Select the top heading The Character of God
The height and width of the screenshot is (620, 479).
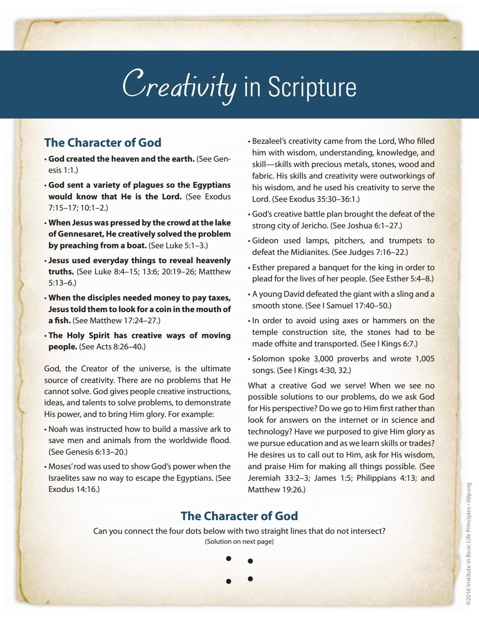[102, 143]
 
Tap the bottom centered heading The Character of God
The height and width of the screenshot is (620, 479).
[239, 516]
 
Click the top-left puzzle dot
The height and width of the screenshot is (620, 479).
[228, 559]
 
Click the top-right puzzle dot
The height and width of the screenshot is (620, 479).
[250, 562]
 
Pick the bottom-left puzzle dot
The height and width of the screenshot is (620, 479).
[228, 581]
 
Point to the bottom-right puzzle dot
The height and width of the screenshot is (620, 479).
[250, 578]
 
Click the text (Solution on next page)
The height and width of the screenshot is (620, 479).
[239, 541]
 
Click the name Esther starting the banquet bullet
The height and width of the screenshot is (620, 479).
[263, 267]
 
